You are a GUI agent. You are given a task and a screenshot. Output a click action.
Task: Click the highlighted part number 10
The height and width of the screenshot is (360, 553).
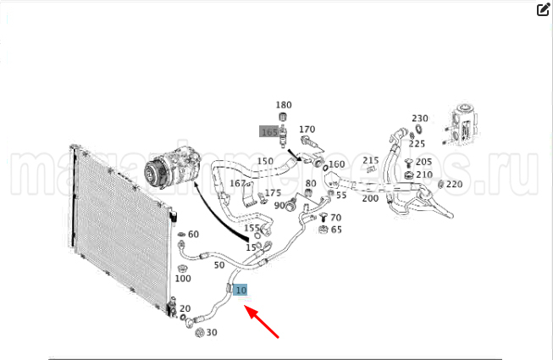point(241,291)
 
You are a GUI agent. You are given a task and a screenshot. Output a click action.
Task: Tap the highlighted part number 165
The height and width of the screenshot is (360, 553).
point(269,132)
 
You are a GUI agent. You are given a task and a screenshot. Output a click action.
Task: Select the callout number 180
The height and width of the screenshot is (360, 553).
point(284,105)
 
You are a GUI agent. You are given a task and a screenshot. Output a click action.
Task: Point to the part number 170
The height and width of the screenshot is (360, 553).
point(307,130)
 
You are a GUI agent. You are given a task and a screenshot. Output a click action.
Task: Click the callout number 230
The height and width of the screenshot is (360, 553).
point(420,119)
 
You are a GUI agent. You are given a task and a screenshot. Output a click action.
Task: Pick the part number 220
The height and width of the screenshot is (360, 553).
point(455,184)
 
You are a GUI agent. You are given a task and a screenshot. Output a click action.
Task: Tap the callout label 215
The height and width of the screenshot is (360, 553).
point(371,161)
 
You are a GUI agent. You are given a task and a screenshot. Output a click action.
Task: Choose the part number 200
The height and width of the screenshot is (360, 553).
point(370,198)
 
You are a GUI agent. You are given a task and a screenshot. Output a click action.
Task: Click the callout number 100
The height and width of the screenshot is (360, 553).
point(182,278)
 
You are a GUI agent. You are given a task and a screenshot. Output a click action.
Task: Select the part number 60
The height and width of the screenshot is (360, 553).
point(193,235)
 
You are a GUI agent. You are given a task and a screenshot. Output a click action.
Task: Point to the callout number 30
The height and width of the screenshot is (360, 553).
point(212,332)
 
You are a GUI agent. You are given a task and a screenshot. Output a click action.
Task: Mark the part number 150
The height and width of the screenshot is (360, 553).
point(265,162)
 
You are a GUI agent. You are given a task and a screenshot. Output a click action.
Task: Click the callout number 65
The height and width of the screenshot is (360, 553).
point(336,229)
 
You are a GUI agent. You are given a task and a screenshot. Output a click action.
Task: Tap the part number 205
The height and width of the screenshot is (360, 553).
point(423,162)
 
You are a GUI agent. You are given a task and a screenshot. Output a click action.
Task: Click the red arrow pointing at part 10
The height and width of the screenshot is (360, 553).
point(265,322)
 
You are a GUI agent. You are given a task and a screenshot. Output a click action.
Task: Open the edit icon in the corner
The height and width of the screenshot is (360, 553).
point(544,10)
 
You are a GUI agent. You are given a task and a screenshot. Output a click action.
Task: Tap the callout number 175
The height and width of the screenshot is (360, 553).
point(273,193)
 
